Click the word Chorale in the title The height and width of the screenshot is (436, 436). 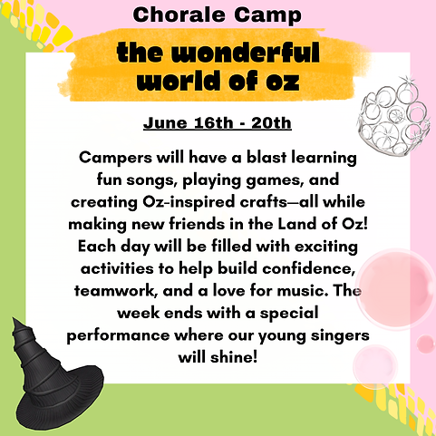[179, 15]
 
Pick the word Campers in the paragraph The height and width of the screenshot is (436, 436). [114, 157]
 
